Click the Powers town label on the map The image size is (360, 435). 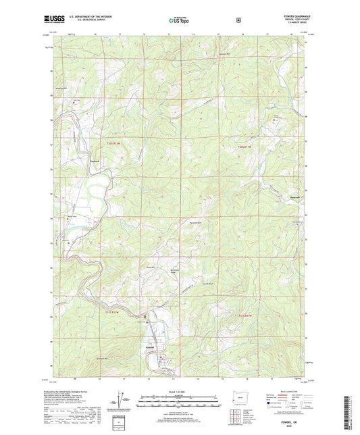[x=151, y=348]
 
